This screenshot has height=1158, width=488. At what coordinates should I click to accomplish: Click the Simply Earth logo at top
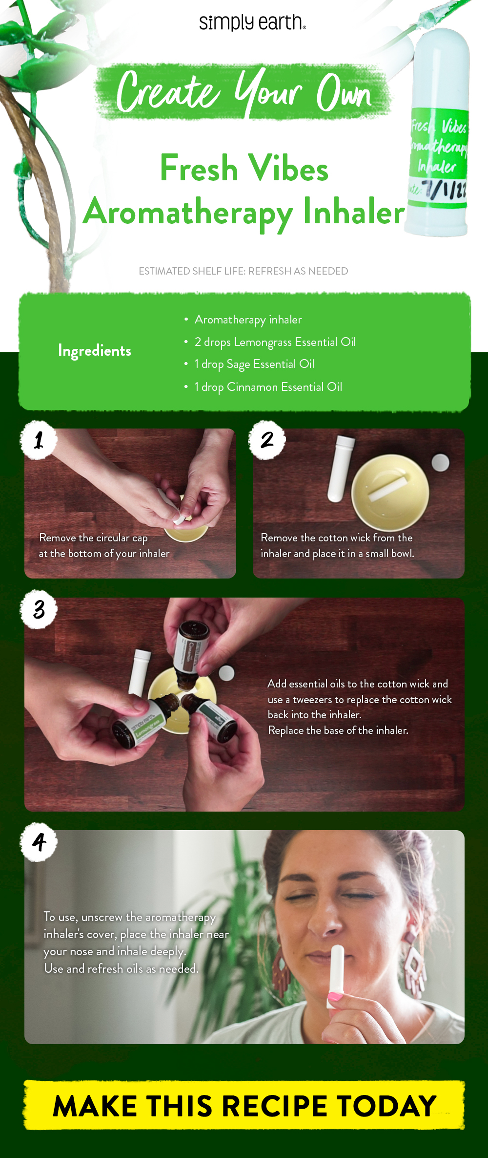point(252,22)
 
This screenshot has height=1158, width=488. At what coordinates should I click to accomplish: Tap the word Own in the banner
point(344,93)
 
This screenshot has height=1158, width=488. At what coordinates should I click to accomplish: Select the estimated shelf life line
point(243,271)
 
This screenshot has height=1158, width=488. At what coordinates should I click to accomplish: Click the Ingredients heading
point(95,350)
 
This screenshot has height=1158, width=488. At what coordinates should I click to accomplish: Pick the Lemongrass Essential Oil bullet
point(275,342)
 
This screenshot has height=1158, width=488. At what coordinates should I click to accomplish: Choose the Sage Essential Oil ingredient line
point(254,365)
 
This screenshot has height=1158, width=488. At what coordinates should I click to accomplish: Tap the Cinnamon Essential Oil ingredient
point(268,387)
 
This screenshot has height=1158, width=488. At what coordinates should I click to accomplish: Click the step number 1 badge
point(39,440)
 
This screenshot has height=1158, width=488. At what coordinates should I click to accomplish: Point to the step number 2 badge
point(267,440)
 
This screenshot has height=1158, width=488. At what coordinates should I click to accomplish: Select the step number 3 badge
point(39,609)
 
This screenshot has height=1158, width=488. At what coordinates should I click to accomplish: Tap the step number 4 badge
point(39,842)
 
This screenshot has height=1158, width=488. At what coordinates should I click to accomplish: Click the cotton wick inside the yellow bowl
point(388,490)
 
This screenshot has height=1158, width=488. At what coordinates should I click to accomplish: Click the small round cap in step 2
point(441,462)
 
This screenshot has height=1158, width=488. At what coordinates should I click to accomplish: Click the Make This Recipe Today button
point(244,1105)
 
